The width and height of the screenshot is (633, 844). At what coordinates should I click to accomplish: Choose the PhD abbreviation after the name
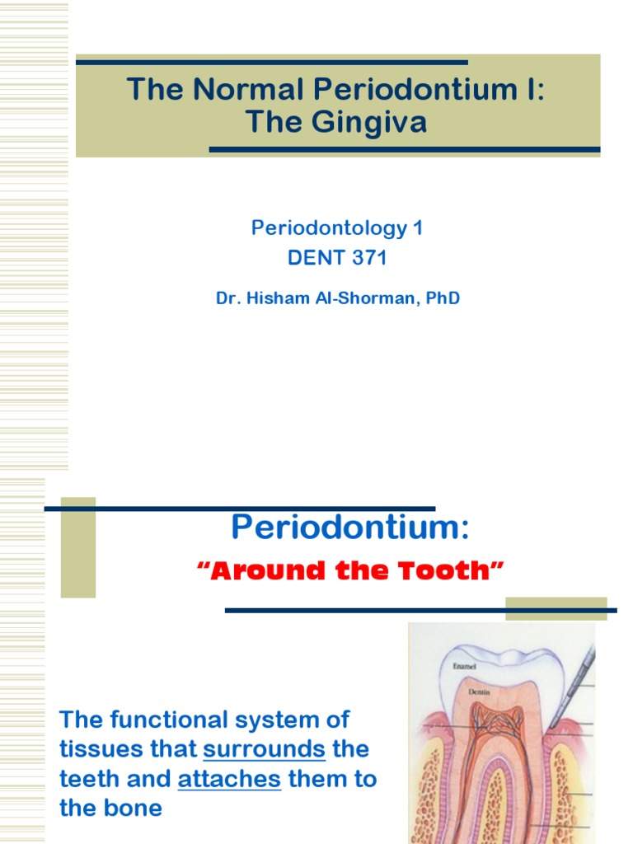coord(441,298)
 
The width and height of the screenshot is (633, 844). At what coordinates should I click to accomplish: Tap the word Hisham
coord(276,298)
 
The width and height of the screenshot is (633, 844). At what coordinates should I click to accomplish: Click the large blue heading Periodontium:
coord(349,526)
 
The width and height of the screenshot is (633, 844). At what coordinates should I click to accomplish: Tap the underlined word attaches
coord(229,779)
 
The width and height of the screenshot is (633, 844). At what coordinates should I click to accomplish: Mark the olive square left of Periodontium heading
coord(78,547)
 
